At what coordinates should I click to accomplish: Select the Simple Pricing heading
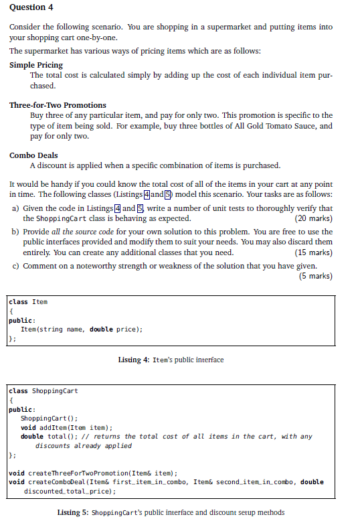(x=36, y=65)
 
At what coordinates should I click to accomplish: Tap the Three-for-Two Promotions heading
(x=58, y=105)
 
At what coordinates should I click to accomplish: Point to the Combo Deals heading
(x=33, y=155)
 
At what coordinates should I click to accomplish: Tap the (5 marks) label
(x=315, y=276)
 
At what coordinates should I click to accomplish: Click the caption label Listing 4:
(x=133, y=360)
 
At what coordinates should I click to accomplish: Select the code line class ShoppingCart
(x=43, y=390)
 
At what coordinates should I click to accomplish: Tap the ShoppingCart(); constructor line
(x=43, y=419)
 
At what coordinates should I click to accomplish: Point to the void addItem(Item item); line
(x=66, y=427)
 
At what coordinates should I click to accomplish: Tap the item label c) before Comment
(x=16, y=266)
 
